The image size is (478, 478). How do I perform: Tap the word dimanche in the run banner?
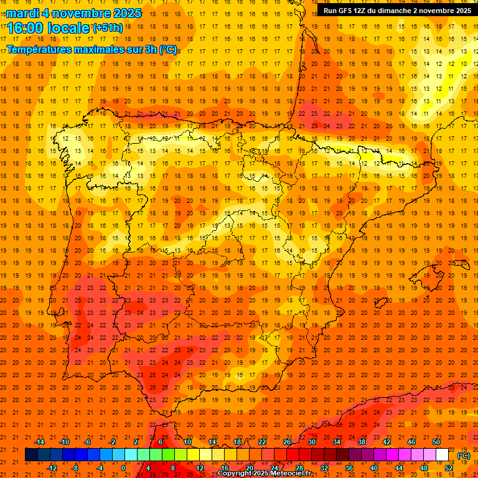(403, 10)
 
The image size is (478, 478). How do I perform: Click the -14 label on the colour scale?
(39, 442)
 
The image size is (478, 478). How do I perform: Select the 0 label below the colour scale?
(123, 468)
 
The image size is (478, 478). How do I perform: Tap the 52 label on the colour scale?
(449, 468)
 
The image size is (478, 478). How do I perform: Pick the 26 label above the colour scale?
(287, 442)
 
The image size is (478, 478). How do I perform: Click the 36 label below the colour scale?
(349, 468)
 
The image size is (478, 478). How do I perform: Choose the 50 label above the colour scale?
(436, 442)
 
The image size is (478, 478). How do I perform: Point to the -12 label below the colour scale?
(52, 468)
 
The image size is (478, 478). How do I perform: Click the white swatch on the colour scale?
(443, 455)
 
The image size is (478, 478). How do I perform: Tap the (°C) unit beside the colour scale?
(463, 456)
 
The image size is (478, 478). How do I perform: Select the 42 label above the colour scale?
(387, 442)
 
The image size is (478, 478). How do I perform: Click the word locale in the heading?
(67, 27)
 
